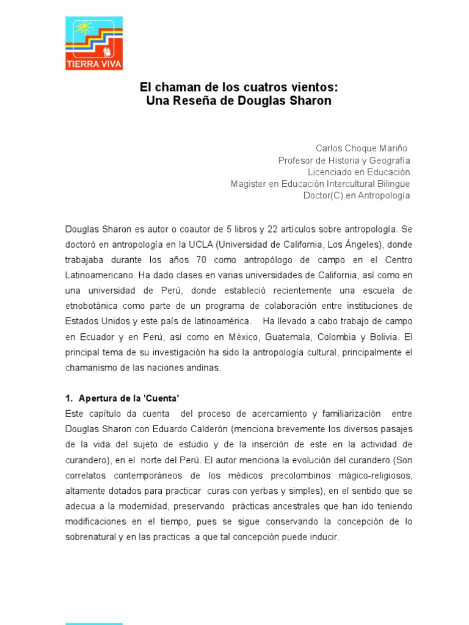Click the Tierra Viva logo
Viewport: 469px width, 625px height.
94,43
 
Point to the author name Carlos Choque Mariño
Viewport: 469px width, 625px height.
361,148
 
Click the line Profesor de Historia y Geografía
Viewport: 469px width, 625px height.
344,160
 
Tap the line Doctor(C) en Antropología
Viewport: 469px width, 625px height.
357,195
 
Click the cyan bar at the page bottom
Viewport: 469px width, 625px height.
94,623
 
